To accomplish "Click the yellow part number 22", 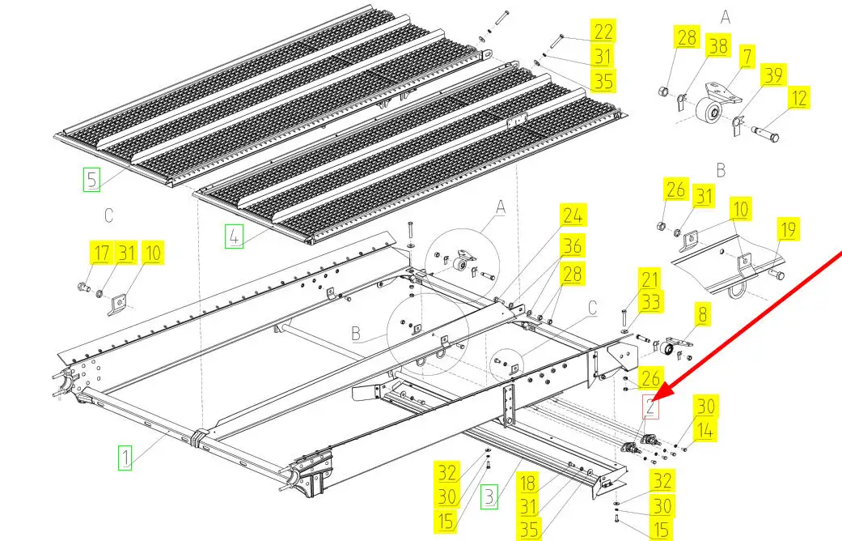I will (603, 31).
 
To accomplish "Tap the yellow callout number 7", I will (746, 58).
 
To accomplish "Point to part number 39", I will (774, 75).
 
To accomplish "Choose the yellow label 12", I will (798, 99).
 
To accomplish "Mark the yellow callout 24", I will (573, 216).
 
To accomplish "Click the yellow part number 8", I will (700, 314).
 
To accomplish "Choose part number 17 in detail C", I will (100, 253).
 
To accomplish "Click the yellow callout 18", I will (528, 483).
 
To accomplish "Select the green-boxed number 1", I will (125, 458).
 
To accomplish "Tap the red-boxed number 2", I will (651, 407).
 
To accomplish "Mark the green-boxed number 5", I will (92, 178).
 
